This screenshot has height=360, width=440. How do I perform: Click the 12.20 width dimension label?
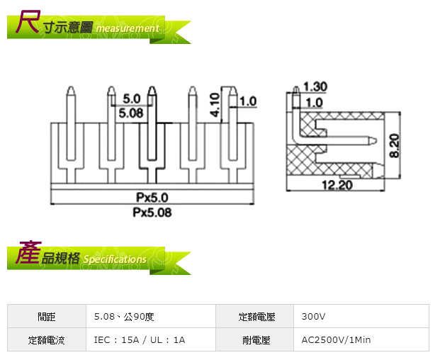(337, 185)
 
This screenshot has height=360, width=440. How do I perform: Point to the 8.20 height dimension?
(394, 145)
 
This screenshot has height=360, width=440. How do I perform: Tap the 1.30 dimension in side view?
(315, 86)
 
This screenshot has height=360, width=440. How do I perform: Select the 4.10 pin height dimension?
(215, 105)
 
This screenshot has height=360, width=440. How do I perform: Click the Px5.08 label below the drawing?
(152, 213)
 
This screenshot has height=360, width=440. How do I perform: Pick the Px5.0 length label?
(152, 198)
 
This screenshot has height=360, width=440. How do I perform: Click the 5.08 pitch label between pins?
(131, 113)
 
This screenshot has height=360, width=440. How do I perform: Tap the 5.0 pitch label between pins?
(132, 99)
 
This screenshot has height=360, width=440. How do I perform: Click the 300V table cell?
(313, 317)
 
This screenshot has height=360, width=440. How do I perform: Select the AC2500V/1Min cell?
(336, 339)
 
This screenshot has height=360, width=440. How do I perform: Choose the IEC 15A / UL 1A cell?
(140, 339)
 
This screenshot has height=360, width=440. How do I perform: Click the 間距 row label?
(47, 317)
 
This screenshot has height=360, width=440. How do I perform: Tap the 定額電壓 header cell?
(256, 317)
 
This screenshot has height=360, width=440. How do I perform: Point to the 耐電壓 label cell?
(256, 339)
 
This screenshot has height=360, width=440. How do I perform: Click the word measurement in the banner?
(128, 28)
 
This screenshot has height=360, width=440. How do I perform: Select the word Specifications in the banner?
(115, 259)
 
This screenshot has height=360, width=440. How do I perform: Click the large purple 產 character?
(28, 252)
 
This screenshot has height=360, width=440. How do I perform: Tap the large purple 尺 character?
(28, 21)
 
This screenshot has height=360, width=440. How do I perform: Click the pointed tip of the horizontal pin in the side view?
(376, 140)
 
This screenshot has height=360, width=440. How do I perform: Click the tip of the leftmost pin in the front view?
(71, 86)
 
